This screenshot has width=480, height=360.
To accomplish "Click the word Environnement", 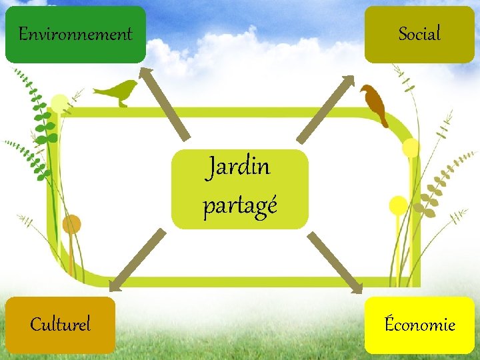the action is point(75,34).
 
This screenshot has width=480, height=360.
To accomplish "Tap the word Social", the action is point(419,33).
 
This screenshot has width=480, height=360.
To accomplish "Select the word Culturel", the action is point(61,325).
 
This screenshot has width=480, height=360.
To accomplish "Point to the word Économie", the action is point(420,325).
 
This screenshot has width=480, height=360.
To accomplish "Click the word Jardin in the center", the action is point(239,167).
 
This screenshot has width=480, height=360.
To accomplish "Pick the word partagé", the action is point(239,207).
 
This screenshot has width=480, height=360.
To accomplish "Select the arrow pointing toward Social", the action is point(325,108).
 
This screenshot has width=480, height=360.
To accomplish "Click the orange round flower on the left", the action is point(71,224).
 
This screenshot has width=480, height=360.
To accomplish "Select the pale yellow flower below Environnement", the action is point(60,103).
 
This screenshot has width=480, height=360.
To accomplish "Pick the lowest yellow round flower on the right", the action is point(398,205).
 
